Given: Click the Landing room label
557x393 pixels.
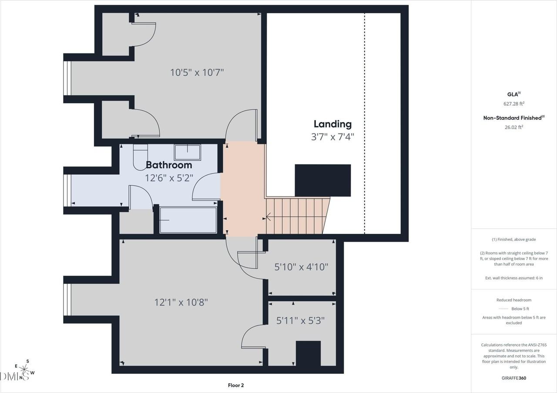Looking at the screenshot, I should (332, 124).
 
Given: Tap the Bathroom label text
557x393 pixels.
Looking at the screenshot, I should (169, 165).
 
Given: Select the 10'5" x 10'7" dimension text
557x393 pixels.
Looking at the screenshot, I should (197, 72).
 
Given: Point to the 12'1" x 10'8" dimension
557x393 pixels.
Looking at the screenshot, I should (181, 302).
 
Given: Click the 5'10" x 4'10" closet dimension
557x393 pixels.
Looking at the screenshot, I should (301, 267).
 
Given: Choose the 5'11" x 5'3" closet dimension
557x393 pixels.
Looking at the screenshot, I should (301, 321).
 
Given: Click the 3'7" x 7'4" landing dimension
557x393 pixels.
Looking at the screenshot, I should (332, 137).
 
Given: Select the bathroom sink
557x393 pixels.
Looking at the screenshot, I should (188, 153).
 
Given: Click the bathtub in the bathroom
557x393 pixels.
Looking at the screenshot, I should (188, 220).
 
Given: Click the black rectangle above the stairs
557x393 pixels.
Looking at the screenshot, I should (322, 180).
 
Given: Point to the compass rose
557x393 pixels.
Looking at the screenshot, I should (23, 370).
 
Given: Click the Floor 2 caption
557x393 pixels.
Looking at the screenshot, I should (239, 385).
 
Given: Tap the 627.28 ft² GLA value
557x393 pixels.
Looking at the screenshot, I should (513, 103).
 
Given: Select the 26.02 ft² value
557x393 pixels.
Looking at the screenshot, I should (513, 127).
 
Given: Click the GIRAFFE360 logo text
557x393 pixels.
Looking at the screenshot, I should (513, 378).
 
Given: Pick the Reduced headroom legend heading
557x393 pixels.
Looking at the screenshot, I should (513, 300).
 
